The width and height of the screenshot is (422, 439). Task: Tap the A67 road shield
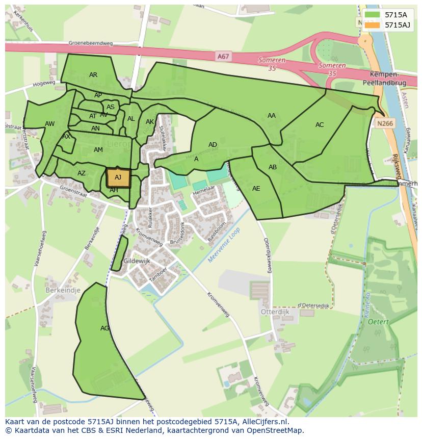223,57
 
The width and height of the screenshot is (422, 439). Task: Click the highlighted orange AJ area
118,178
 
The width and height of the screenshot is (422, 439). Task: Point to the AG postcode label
104,328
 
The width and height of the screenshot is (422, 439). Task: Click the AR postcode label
93,75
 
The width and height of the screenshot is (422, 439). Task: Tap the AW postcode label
49,124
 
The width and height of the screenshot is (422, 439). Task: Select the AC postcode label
320,125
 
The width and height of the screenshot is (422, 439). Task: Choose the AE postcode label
256,189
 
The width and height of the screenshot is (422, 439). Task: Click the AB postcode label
273,167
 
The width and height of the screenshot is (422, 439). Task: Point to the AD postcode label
213,145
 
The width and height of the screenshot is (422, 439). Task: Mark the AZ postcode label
82,173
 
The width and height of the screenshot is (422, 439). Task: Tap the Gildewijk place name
137,261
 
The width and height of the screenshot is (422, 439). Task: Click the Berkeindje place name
63,290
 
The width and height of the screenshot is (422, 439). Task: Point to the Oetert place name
379,322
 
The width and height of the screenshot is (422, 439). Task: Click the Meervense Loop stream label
224,245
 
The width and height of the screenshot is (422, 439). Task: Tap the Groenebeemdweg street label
91,44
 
